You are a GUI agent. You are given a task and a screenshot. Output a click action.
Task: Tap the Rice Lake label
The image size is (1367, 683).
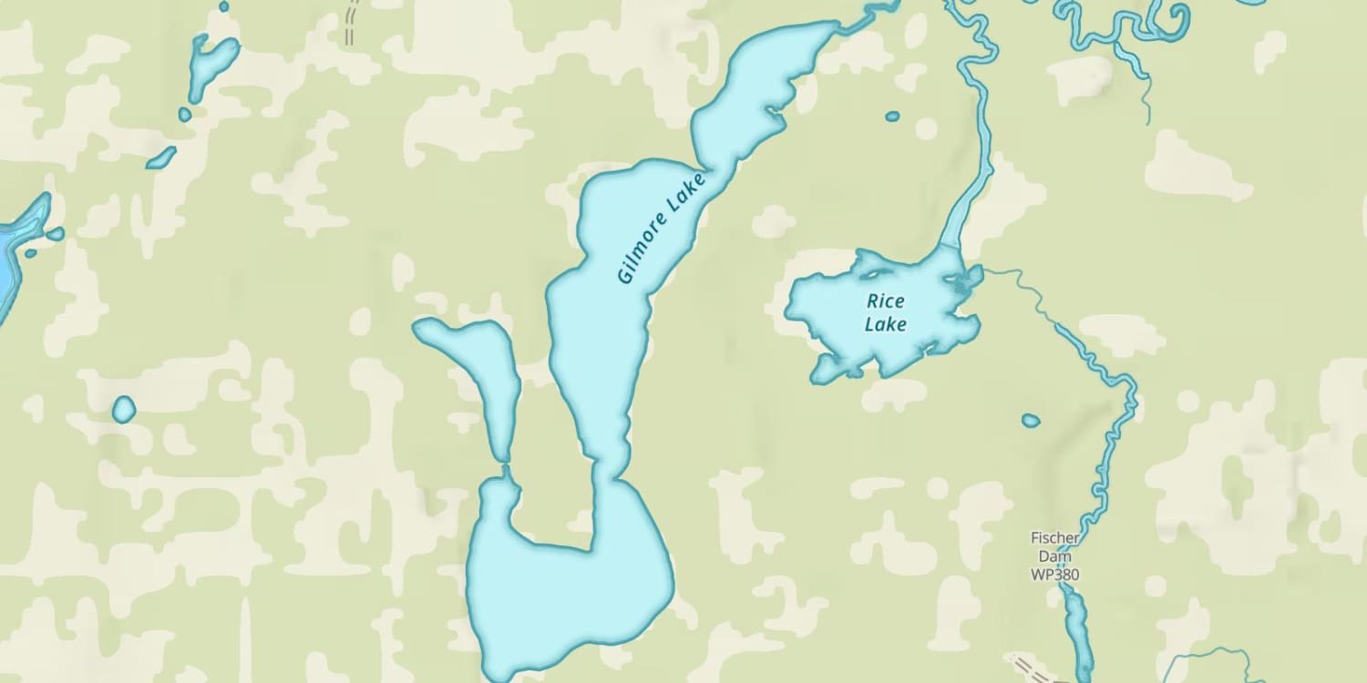pyautogui.click(x=885, y=312)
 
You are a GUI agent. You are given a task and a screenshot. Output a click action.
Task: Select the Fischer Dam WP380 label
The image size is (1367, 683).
pyautogui.click(x=1055, y=556)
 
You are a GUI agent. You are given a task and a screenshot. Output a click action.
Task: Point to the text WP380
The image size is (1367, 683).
pyautogui.click(x=1055, y=575)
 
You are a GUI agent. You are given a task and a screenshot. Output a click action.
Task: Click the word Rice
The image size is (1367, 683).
pyautogui.click(x=884, y=301)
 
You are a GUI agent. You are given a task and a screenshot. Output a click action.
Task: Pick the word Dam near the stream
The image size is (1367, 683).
pyautogui.click(x=1055, y=556)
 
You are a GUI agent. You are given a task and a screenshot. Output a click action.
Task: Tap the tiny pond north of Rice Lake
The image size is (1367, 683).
pyautogui.click(x=892, y=116)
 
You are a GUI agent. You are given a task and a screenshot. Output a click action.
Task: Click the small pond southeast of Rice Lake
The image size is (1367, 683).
pyautogui.click(x=1031, y=420)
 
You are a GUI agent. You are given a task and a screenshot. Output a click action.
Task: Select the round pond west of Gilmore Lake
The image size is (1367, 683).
pyautogui.click(x=123, y=410)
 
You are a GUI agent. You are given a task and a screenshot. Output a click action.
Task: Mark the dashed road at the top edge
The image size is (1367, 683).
pyautogui.click(x=351, y=23)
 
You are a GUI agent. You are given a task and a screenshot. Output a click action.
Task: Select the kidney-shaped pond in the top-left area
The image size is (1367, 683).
pyautogui.click(x=211, y=64)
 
